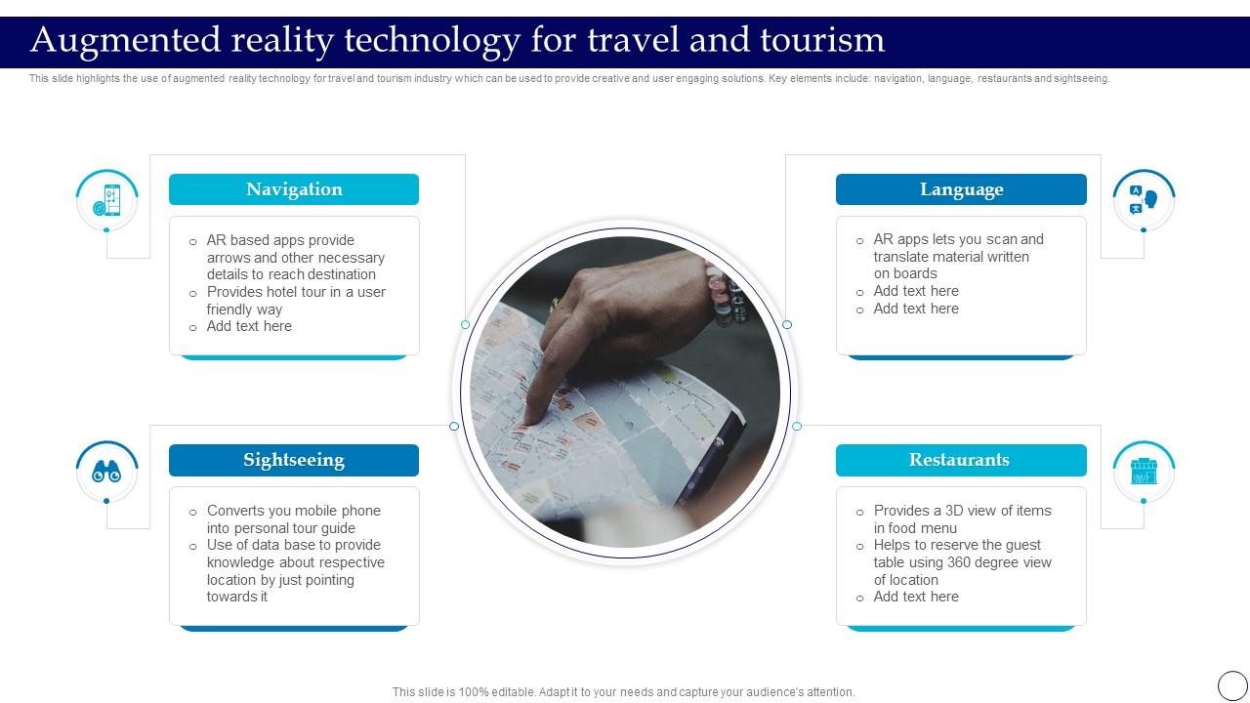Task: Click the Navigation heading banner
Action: (294, 189)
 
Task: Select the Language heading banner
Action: (961, 189)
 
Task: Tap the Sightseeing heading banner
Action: (294, 460)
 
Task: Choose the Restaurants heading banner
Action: (961, 460)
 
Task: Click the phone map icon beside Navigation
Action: (107, 200)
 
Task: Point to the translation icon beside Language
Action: (1144, 200)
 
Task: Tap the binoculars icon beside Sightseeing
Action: (106, 473)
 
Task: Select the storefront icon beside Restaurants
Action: (1144, 472)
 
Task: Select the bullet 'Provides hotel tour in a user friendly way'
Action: (296, 301)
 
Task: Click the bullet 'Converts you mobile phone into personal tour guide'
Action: (293, 519)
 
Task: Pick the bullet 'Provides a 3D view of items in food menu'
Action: (962, 519)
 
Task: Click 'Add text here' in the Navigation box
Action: (249, 326)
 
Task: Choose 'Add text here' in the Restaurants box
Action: (916, 597)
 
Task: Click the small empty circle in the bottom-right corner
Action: (1232, 685)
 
